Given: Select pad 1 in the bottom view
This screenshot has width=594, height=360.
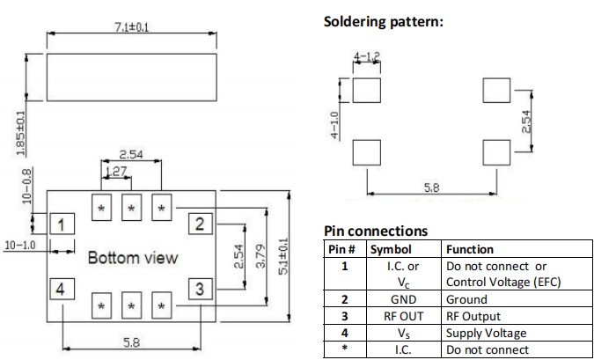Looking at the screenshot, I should click(60, 224).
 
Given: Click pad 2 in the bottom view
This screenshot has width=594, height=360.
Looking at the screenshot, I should click(200, 224).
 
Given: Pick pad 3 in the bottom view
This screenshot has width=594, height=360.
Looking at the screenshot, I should click(200, 288).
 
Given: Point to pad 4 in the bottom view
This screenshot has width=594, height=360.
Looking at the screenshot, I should click(60, 289).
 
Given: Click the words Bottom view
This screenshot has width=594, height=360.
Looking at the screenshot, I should click(132, 258).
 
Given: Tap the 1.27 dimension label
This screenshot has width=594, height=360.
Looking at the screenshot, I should click(116, 173).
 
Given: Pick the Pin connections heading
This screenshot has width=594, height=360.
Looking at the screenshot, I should click(376, 231).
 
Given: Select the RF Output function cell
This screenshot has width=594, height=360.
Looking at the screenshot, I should click(475, 315).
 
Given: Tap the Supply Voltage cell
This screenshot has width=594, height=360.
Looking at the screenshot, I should click(485, 332).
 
